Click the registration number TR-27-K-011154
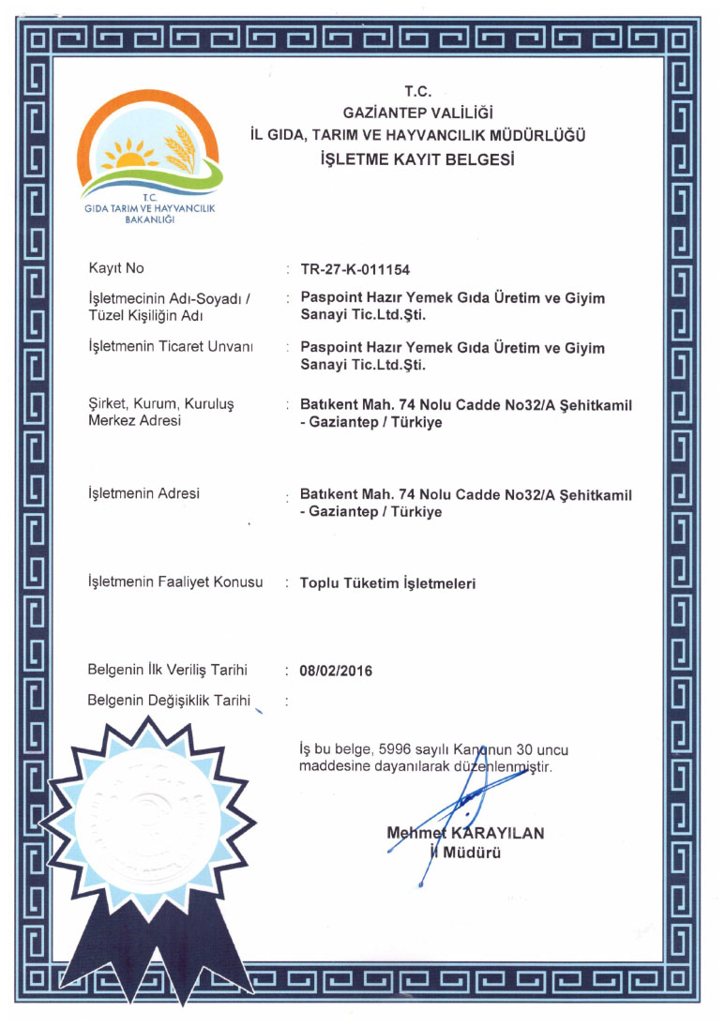pyautogui.click(x=355, y=270)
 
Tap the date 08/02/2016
pyautogui.click(x=336, y=671)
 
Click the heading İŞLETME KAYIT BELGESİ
pyautogui.click(x=417, y=159)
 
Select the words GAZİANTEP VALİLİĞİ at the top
pyautogui.click(x=417, y=113)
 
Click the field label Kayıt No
pyautogui.click(x=115, y=269)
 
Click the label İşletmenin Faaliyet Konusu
pyautogui.click(x=174, y=582)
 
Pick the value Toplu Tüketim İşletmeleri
pyautogui.click(x=387, y=583)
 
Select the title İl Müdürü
pyautogui.click(x=465, y=853)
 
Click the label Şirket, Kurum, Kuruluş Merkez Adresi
pyautogui.click(x=159, y=413)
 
